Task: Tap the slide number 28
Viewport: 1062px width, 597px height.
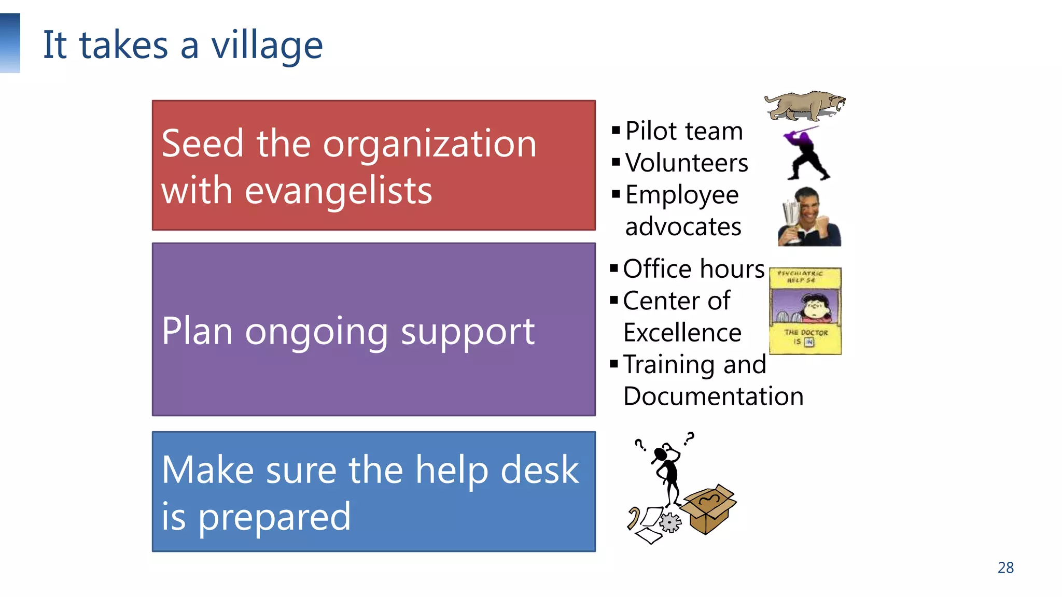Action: tap(1005, 568)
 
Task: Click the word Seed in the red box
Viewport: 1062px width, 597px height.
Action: tap(202, 144)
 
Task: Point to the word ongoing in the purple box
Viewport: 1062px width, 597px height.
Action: tap(316, 332)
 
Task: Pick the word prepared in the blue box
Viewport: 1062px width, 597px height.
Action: tap(274, 517)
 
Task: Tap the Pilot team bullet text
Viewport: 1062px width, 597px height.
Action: tap(684, 131)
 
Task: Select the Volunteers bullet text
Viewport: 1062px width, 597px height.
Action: tap(687, 163)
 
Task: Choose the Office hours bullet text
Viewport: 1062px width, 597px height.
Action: tap(694, 269)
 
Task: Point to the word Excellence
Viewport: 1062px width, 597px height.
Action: tap(682, 333)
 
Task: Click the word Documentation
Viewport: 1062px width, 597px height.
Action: tap(714, 397)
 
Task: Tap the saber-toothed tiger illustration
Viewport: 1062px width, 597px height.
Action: tap(804, 105)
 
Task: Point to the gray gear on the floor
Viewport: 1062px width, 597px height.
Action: tap(670, 522)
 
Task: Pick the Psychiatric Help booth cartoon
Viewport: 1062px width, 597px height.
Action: tap(805, 311)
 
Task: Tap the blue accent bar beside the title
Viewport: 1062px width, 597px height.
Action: tap(10, 43)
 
